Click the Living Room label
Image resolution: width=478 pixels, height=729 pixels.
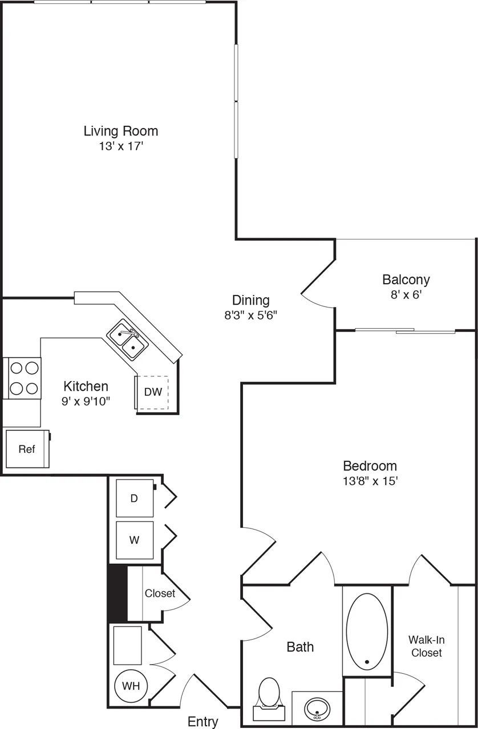120,131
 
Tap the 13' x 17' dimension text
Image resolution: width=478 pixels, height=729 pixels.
120,146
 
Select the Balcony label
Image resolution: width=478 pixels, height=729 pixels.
406,280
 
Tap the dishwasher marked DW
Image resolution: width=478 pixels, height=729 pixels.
152,392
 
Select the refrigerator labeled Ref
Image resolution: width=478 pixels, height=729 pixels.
27,449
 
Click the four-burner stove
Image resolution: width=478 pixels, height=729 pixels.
23,378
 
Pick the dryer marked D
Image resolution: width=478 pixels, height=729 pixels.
135,498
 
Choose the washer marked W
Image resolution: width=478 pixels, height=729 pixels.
135,540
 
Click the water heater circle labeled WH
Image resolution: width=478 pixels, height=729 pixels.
131,686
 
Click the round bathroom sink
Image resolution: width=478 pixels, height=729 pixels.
317,709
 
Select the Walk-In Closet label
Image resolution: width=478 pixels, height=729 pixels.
427,646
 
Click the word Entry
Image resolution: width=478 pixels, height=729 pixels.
203,722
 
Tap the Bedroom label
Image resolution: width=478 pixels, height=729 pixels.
370,465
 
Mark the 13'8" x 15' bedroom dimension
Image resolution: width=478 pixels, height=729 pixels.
370,481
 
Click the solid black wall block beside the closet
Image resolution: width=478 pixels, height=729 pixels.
117,594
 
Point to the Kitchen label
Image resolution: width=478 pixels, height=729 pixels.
86,386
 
